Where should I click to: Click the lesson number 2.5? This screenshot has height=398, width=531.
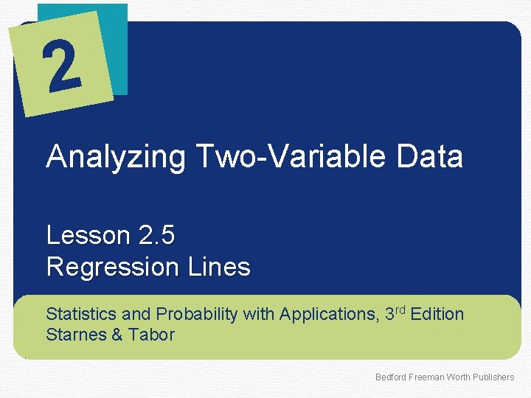[x=156, y=236]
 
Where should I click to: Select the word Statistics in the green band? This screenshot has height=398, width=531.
[x=80, y=315]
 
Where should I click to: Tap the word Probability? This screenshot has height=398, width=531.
[x=195, y=315]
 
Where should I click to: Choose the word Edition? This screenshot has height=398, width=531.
[x=437, y=315]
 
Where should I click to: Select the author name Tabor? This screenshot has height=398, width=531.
[x=151, y=335]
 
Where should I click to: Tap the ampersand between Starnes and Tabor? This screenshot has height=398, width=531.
[x=116, y=335]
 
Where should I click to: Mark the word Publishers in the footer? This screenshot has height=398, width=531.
[x=493, y=377]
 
